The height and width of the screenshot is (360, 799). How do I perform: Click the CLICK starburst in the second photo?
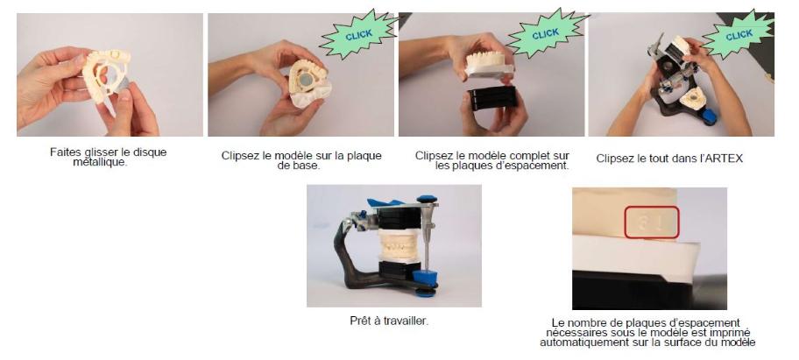(359, 35)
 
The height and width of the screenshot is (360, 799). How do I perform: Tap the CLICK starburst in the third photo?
(547, 33)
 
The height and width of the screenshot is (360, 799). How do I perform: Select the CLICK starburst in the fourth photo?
(738, 35)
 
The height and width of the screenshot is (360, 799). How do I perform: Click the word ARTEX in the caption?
(726, 159)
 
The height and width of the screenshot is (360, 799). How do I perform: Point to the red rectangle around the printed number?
(652, 222)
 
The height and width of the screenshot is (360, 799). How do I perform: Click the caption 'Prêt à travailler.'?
(389, 321)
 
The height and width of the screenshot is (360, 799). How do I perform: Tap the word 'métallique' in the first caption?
(99, 162)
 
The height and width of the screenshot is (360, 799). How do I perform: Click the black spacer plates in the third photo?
(491, 97)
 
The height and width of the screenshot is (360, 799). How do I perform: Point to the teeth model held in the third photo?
(489, 65)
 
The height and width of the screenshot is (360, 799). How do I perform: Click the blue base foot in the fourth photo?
(709, 116)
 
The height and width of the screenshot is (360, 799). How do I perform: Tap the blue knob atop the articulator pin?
(428, 199)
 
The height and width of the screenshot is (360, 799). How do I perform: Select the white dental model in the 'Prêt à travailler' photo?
(400, 246)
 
